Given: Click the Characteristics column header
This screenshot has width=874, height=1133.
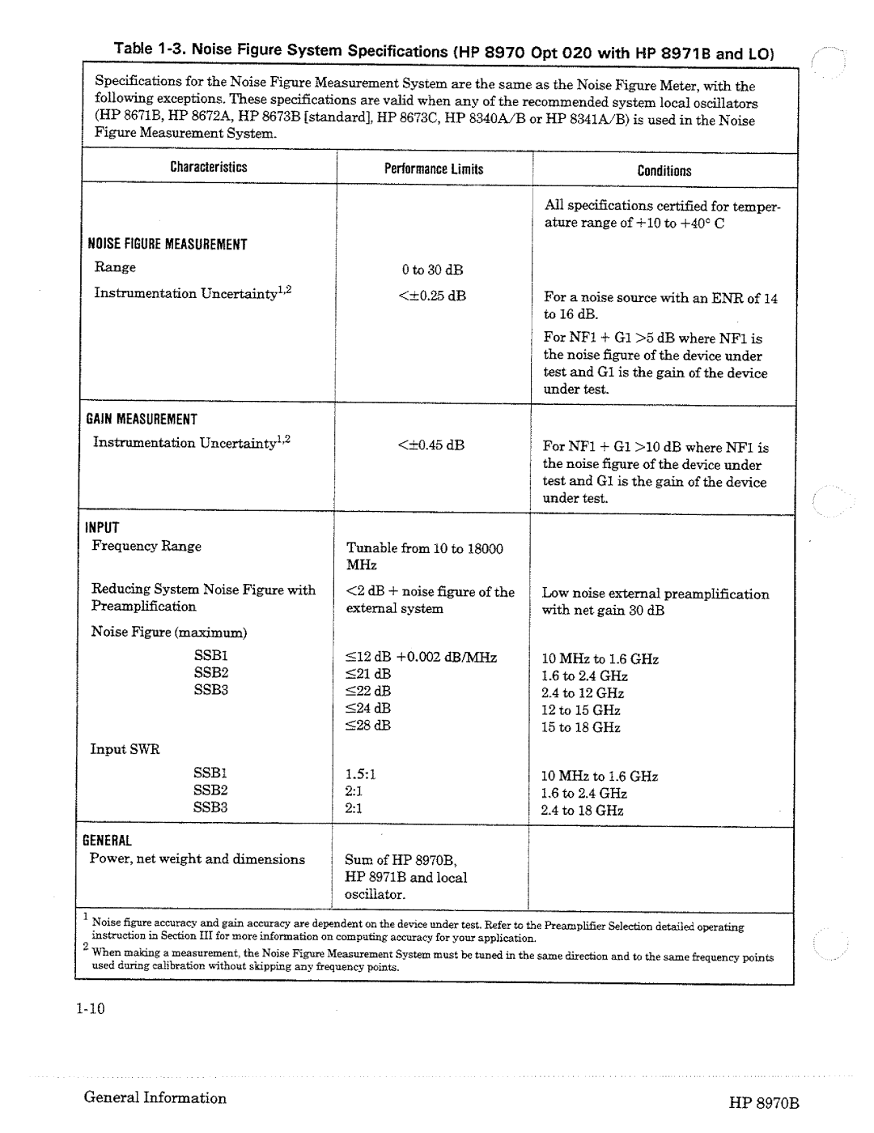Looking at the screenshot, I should [x=208, y=168].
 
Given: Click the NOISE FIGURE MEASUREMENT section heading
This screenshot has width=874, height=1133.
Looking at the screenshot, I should [x=168, y=245].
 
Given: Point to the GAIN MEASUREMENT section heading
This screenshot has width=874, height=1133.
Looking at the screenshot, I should [x=142, y=420].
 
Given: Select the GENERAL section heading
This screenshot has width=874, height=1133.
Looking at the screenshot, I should [x=110, y=841].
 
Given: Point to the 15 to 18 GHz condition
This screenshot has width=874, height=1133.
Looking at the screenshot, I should [x=581, y=727].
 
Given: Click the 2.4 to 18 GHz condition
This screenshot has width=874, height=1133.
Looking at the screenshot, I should [x=583, y=810].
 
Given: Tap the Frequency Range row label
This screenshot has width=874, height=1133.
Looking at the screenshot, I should [x=146, y=547].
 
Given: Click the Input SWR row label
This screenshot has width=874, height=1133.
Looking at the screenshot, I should [x=125, y=750].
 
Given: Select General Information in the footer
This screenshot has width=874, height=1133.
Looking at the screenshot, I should [x=155, y=1098].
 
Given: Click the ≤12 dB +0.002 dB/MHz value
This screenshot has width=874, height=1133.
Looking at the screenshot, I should [x=422, y=658].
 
